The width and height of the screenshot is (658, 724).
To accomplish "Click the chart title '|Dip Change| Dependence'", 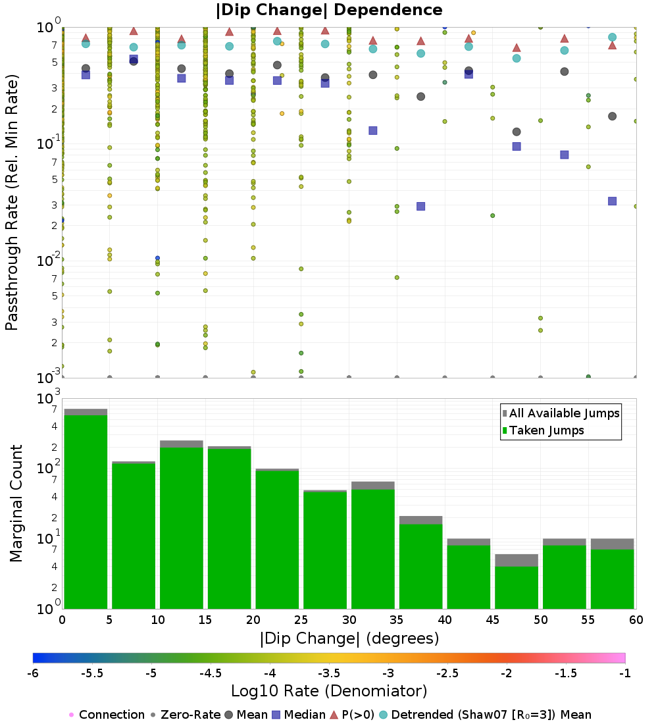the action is tap(329, 10).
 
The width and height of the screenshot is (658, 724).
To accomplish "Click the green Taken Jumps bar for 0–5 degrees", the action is tap(86, 511).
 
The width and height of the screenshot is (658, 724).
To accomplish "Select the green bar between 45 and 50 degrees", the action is tap(517, 587).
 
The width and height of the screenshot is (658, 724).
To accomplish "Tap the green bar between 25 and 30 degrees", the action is tap(325, 550).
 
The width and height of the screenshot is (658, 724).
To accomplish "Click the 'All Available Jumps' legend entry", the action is tap(561, 413).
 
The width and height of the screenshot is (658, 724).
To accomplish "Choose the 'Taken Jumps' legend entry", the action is tap(543, 430).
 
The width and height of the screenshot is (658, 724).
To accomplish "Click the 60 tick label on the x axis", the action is tap(636, 619).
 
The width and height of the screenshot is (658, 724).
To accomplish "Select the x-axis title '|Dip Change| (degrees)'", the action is tap(349, 638).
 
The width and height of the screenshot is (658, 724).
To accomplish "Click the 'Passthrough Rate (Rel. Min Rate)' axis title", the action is tap(12, 202).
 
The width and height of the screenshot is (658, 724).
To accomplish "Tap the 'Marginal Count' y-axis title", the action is tap(16, 504).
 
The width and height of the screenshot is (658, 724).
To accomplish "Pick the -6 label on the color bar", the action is tap(33, 673).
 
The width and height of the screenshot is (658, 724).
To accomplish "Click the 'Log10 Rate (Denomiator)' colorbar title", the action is tap(329, 691).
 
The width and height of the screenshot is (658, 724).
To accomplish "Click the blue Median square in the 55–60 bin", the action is tap(613, 201).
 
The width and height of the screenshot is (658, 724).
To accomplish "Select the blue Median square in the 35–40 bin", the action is tap(420, 207).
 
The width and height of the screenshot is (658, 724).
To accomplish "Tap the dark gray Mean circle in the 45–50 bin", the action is tap(517, 132).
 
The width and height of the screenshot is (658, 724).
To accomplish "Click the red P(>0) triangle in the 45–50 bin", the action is tap(517, 48).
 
